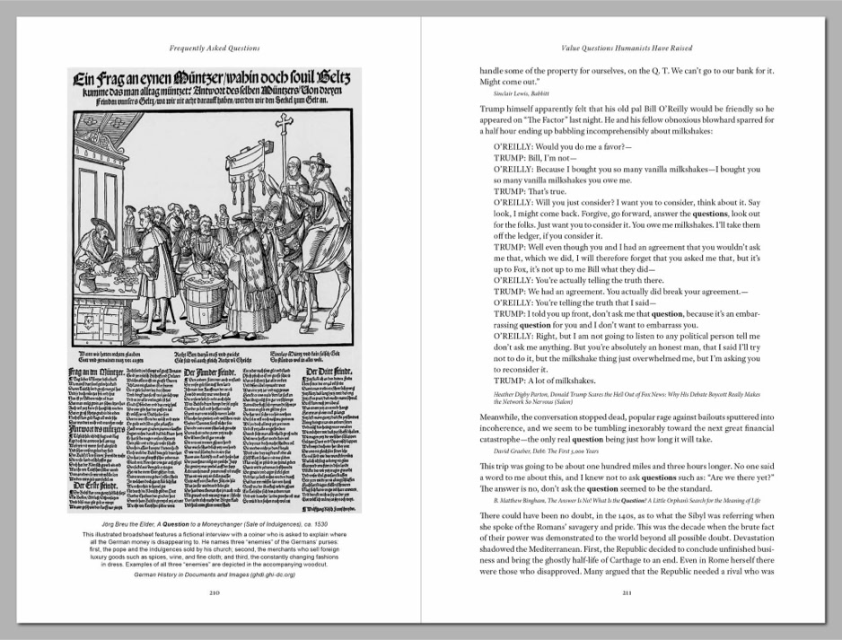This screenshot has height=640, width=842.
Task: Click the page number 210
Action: click(x=214, y=568)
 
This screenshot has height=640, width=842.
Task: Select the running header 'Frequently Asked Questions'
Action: click(x=214, y=46)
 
